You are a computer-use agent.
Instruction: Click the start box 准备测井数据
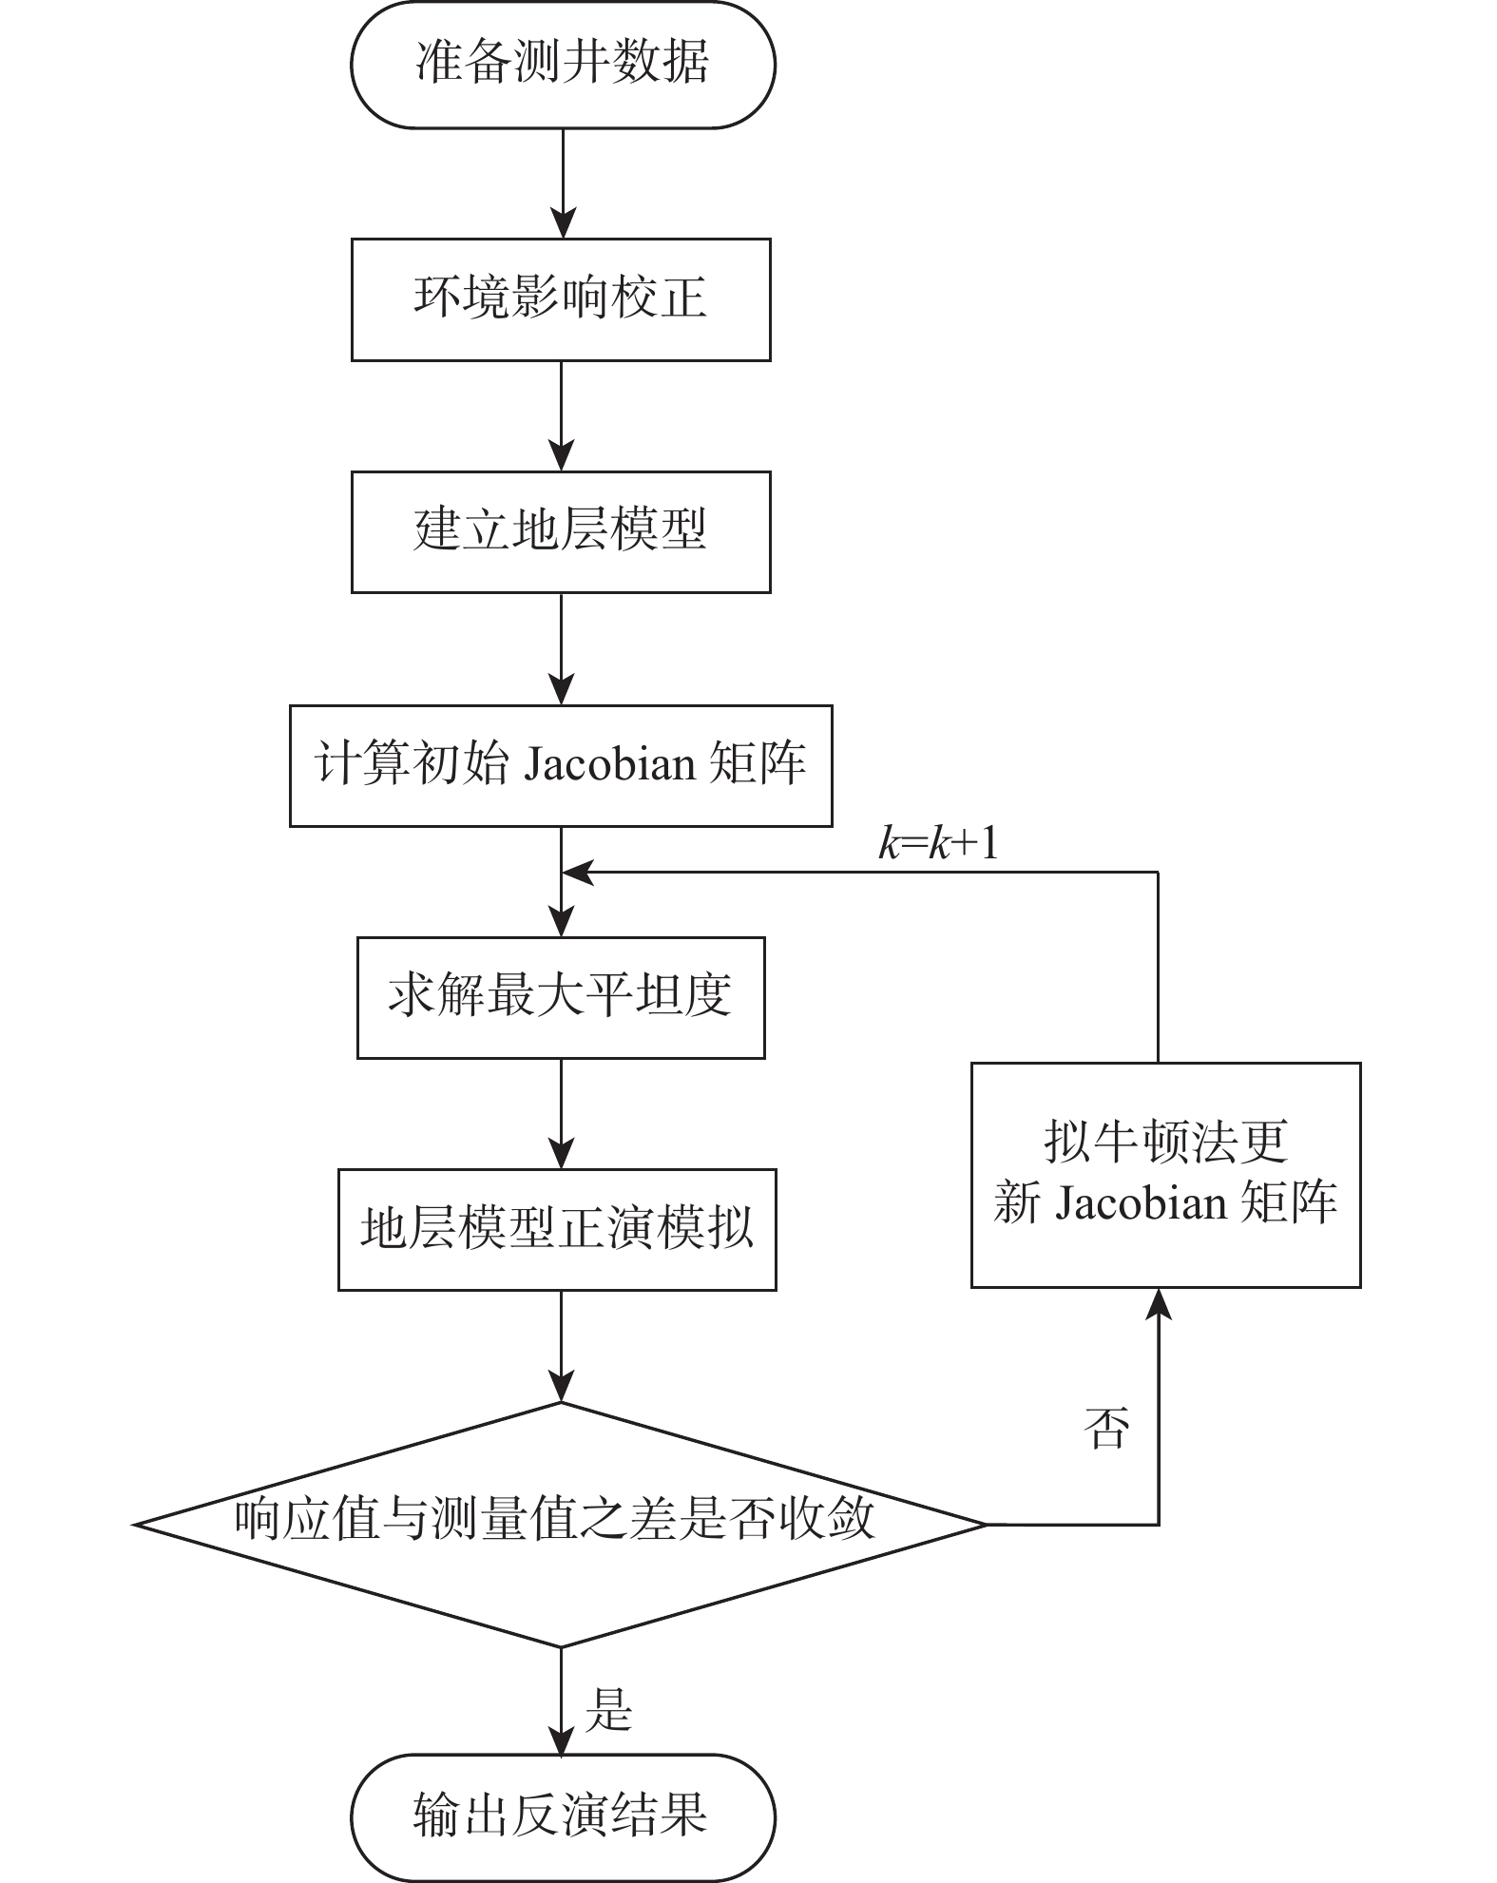coord(562,65)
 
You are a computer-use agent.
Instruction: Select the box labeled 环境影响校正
coord(561,299)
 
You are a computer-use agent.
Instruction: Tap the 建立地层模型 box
coord(561,532)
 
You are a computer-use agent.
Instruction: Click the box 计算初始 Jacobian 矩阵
coord(561,765)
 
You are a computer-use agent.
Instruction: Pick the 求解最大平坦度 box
coord(561,998)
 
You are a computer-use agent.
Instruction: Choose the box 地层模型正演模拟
coord(557,1230)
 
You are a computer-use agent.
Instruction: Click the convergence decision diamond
coord(559,1525)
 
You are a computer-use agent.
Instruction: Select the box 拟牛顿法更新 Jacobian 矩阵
coord(1165,1175)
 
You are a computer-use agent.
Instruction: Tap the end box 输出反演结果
coord(562,1816)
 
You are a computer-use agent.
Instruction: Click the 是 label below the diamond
coord(609,1709)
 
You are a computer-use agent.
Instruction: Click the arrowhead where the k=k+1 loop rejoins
coord(578,872)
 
